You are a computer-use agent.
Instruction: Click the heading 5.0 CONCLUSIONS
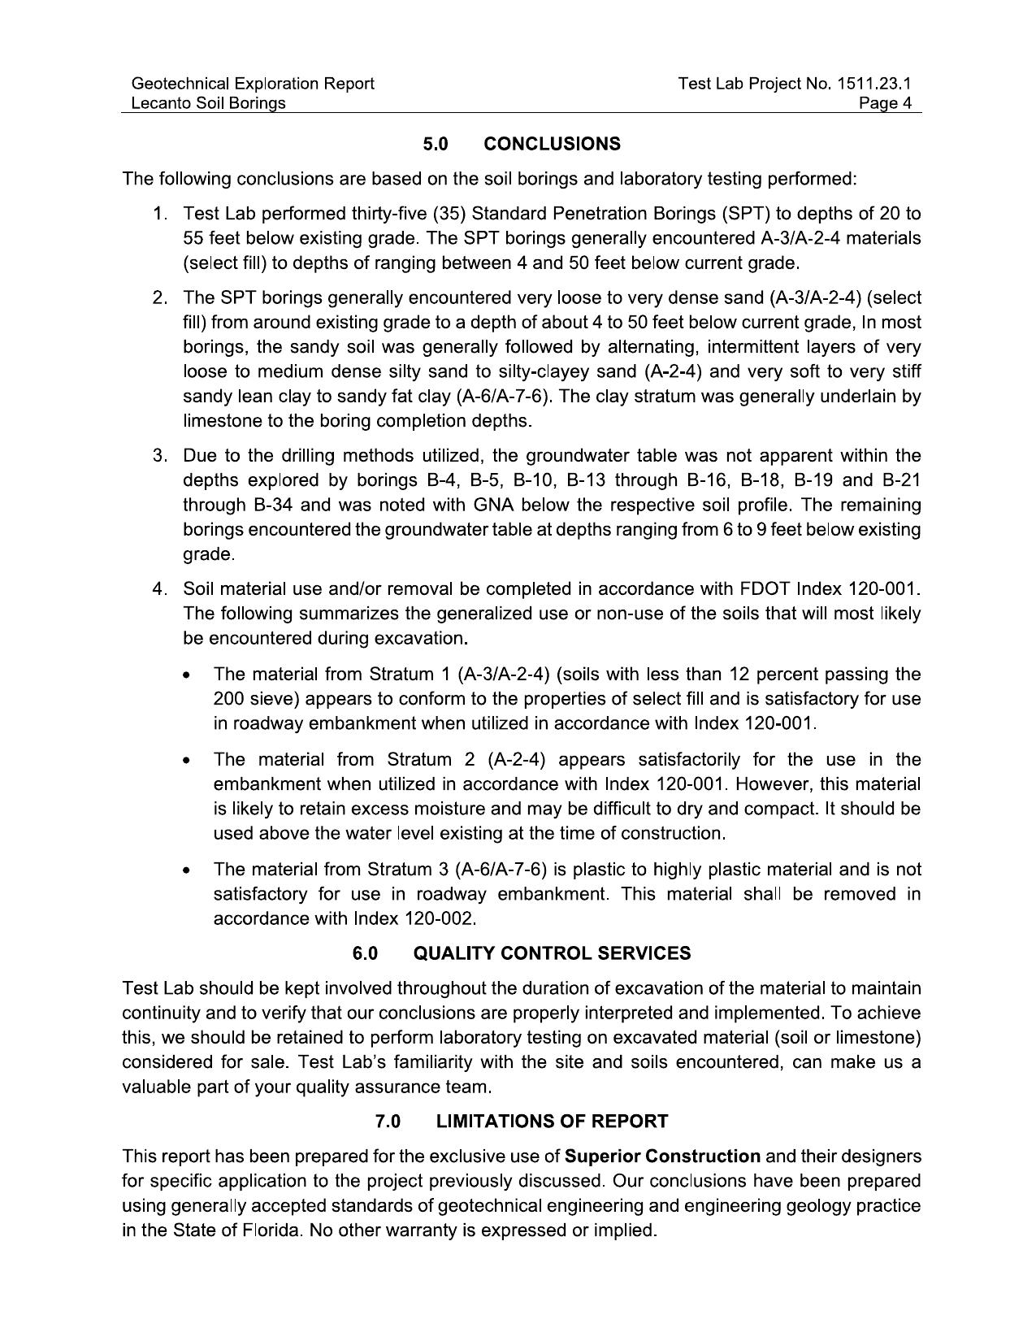pyautogui.click(x=521, y=144)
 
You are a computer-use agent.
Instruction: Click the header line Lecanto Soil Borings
pyautogui.click(x=208, y=103)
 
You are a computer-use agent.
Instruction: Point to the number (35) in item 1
pyautogui.click(x=449, y=214)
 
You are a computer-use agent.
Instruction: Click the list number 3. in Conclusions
pyautogui.click(x=160, y=455)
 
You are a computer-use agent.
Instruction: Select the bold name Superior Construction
pyautogui.click(x=662, y=1156)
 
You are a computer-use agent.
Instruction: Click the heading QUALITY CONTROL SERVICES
pyautogui.click(x=552, y=953)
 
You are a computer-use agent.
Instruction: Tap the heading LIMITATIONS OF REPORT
pyautogui.click(x=552, y=1122)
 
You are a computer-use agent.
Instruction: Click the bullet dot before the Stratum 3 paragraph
pyautogui.click(x=188, y=871)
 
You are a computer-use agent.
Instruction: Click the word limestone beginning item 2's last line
pyautogui.click(x=219, y=421)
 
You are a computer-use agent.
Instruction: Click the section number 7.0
pyautogui.click(x=388, y=1122)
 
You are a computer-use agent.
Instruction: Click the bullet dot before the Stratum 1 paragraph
pyautogui.click(x=188, y=676)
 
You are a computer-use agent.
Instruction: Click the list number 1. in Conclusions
pyautogui.click(x=160, y=214)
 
